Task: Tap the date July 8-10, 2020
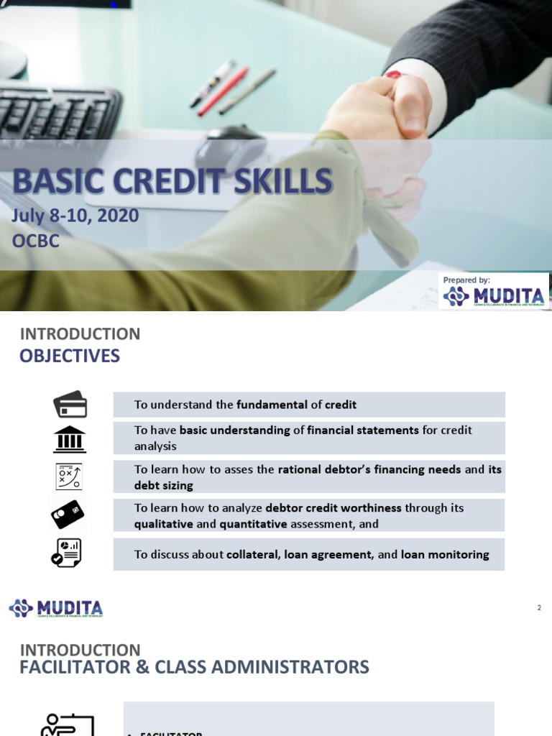(x=75, y=216)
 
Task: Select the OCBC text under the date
(x=36, y=240)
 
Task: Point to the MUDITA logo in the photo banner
(x=494, y=295)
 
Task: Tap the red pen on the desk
(x=222, y=92)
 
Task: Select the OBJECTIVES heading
(x=70, y=356)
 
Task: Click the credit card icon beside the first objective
(x=70, y=405)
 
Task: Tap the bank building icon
(x=70, y=438)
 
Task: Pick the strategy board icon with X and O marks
(x=70, y=477)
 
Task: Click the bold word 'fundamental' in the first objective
(x=272, y=405)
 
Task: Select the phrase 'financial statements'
(x=362, y=431)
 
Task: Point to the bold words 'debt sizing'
(x=165, y=485)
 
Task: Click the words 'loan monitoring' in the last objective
(x=445, y=554)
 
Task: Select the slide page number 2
(x=539, y=608)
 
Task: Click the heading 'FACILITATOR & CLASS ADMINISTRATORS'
(x=194, y=667)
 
